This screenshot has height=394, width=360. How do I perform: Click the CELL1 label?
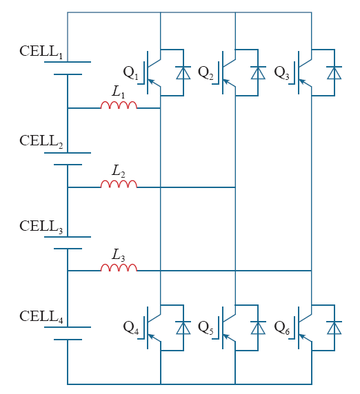(41, 52)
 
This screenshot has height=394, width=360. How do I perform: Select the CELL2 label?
(41, 141)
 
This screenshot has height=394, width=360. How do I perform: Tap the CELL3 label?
(41, 227)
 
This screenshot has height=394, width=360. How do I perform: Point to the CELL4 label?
(41, 317)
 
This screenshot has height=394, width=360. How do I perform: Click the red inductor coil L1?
(119, 105)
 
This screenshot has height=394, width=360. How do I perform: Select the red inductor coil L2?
(119, 184)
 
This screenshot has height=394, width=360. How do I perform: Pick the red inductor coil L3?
(119, 268)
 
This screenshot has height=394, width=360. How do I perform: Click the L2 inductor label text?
(118, 171)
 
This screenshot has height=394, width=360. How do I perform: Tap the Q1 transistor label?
(131, 72)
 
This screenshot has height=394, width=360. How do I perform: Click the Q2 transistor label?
(206, 72)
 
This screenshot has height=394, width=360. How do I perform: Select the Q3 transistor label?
(282, 72)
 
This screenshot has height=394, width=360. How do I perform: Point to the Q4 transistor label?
(131, 328)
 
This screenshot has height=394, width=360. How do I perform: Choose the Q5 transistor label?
(206, 328)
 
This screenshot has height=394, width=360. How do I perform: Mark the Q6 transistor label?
(282, 328)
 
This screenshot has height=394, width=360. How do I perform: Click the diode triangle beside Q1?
(183, 73)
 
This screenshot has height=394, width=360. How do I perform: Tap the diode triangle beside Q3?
(334, 73)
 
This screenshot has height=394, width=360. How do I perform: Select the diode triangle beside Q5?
(258, 328)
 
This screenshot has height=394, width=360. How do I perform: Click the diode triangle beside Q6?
(334, 328)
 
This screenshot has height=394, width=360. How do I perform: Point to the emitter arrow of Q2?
(226, 82)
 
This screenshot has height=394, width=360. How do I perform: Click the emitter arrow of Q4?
(152, 337)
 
